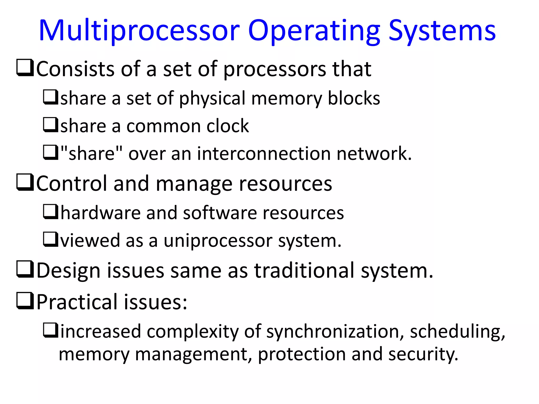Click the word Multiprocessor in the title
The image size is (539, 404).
(139, 31)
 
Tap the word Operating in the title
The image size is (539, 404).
(314, 31)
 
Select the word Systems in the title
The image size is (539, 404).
(442, 31)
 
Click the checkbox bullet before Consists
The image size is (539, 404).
(25, 68)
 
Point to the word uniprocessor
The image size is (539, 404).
(218, 241)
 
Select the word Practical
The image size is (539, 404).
(77, 302)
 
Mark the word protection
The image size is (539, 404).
(302, 354)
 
